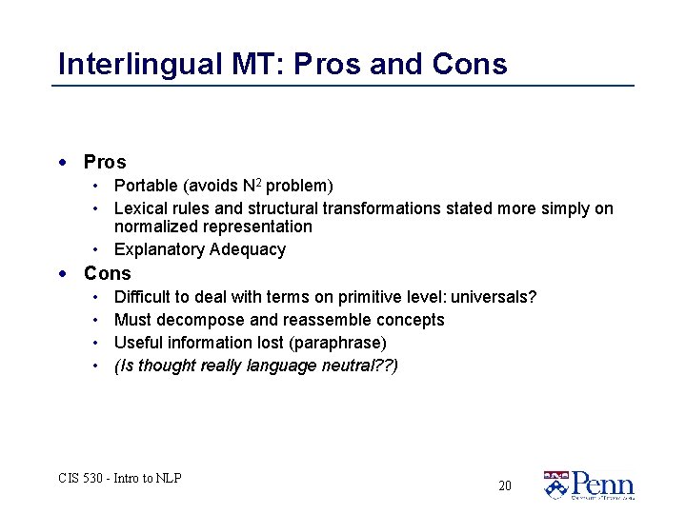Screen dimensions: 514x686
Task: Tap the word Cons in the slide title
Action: click(x=470, y=64)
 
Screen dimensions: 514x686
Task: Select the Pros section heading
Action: click(x=105, y=162)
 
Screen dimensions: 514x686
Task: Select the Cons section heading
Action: click(x=108, y=273)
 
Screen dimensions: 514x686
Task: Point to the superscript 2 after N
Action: click(x=258, y=181)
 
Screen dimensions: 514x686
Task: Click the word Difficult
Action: click(x=143, y=297)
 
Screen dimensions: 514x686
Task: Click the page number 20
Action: click(x=504, y=485)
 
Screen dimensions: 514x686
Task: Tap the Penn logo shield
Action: click(x=555, y=484)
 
